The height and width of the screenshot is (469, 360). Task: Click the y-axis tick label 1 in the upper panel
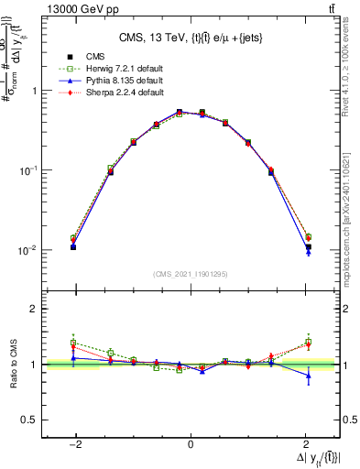click(35, 91)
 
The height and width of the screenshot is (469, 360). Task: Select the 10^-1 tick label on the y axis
click(29, 170)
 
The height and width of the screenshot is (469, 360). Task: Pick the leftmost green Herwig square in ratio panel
click(73, 343)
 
